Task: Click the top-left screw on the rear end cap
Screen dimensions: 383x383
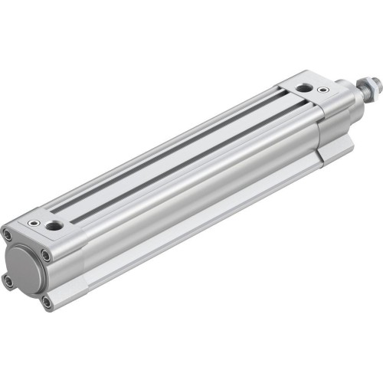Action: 8,235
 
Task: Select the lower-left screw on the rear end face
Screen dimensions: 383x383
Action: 8,281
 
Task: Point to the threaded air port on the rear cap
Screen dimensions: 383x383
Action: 54,226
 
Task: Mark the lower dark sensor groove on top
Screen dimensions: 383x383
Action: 191,161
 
